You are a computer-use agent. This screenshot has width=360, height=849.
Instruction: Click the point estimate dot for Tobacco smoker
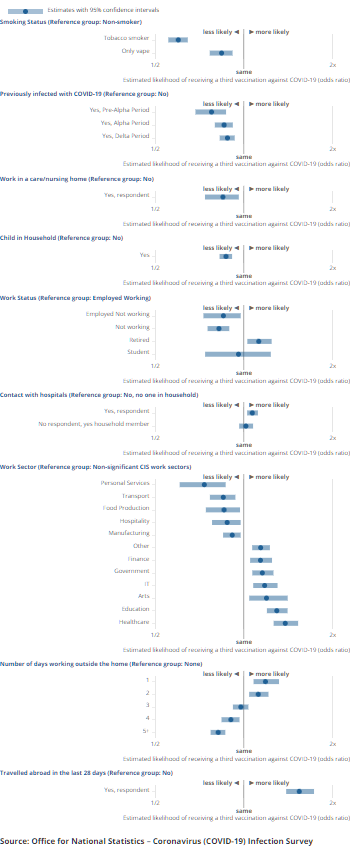[x=177, y=40]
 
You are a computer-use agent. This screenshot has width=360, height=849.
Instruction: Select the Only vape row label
[x=135, y=52]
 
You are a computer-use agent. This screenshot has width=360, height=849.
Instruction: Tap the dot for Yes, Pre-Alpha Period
[x=211, y=112]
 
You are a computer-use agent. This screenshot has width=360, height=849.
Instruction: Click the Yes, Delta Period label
[x=125, y=136]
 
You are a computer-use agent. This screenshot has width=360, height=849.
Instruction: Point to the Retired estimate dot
[x=259, y=341]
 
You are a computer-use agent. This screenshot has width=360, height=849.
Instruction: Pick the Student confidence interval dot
[x=238, y=353]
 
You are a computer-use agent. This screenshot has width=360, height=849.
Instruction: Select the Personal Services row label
[x=125, y=483]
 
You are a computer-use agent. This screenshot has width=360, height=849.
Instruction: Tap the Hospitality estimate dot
[x=227, y=521]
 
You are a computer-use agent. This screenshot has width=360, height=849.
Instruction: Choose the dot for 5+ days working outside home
[x=217, y=704]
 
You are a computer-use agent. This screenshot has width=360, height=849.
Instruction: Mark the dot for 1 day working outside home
[x=265, y=653]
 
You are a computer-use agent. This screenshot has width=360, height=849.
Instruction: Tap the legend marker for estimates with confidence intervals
[x=25, y=9]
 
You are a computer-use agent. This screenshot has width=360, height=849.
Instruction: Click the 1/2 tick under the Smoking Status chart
[x=154, y=65]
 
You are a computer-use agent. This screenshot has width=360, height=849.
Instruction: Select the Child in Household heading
[x=62, y=238]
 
